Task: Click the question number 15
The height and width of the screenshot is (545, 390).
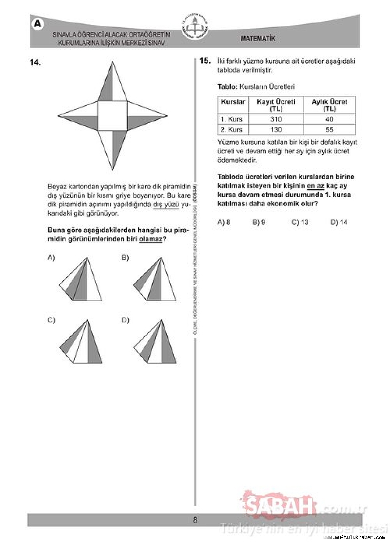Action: (205, 61)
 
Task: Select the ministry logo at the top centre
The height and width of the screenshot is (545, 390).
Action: (195, 27)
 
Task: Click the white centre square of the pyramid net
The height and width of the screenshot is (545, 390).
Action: (113, 116)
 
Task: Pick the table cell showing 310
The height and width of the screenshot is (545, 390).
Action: (276, 119)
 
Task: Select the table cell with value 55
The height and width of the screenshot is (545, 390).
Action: (329, 130)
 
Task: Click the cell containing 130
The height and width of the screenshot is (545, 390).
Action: (276, 130)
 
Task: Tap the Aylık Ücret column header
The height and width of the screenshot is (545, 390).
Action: (329, 105)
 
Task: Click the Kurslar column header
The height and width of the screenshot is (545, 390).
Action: (233, 102)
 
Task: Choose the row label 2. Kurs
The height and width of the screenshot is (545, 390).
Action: (232, 130)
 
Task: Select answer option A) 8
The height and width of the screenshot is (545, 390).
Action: (224, 222)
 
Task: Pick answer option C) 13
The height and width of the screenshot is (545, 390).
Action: (300, 222)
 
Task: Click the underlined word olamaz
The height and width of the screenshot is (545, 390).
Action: (150, 239)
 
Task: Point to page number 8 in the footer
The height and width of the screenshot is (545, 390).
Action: (195, 520)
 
